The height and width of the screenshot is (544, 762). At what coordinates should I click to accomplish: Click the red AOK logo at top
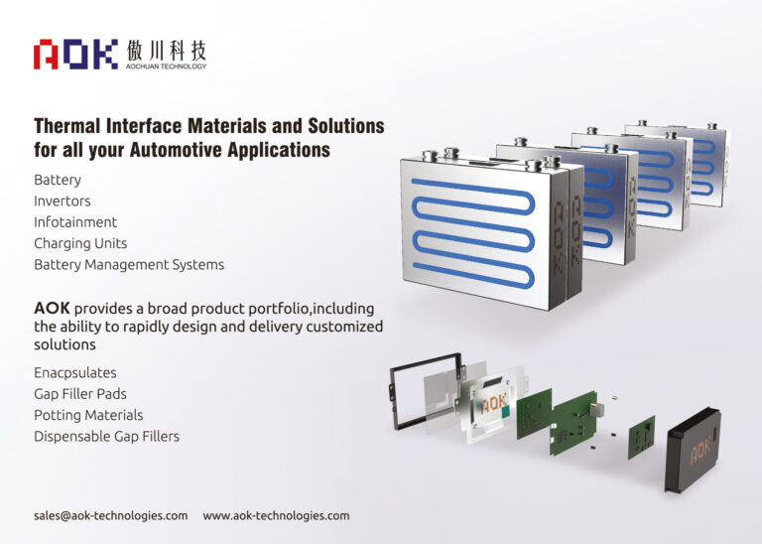[75, 54]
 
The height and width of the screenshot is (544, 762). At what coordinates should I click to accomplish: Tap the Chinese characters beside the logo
[167, 50]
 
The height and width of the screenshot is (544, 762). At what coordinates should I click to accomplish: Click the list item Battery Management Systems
[129, 265]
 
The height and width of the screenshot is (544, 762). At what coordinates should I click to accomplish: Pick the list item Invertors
[63, 202]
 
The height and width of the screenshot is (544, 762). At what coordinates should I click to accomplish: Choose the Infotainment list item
[75, 222]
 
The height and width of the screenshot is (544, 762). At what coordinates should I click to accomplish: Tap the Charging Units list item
[80, 243]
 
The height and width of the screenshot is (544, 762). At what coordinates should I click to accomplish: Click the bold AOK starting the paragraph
[52, 308]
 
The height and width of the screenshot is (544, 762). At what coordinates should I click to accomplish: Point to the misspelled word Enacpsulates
[75, 373]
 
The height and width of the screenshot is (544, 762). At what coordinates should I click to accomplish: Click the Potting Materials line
[88, 415]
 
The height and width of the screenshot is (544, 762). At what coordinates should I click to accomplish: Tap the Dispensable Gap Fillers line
[106, 436]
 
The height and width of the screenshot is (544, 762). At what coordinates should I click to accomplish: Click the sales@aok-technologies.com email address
[110, 516]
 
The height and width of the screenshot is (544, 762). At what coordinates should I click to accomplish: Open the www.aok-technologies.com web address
[276, 516]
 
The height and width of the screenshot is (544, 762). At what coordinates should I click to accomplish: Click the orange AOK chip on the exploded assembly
[494, 405]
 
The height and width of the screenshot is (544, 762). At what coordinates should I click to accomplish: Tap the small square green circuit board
[641, 436]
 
